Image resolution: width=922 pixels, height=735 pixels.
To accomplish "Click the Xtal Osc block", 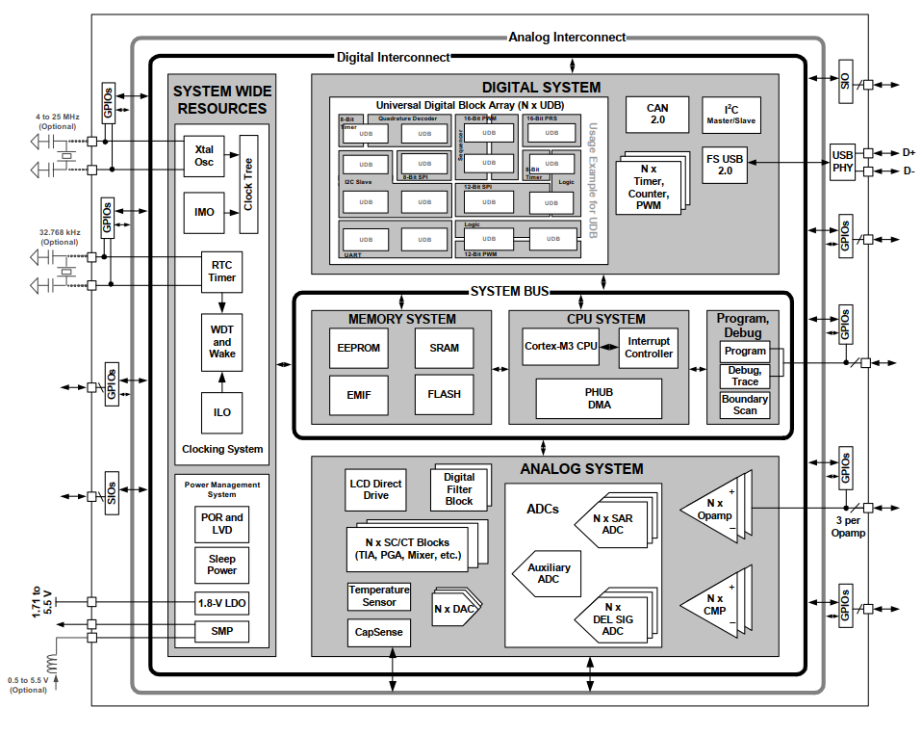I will click(x=203, y=155).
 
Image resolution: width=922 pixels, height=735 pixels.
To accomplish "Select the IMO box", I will click(x=203, y=212).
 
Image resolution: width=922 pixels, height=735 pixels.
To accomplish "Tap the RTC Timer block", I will click(x=222, y=272).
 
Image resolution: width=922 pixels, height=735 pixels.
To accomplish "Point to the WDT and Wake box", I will click(x=222, y=342).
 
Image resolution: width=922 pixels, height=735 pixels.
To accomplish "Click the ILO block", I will click(x=222, y=412).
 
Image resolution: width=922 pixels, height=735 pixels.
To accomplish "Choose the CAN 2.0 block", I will click(x=657, y=115).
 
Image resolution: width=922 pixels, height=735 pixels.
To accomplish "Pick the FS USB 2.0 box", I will click(x=724, y=164).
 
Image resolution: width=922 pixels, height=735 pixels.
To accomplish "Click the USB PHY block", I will click(x=843, y=161).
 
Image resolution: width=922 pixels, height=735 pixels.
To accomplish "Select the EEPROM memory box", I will click(x=358, y=348).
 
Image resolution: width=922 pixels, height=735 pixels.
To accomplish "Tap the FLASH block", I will click(x=444, y=394).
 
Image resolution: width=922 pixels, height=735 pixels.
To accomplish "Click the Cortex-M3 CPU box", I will click(x=561, y=346).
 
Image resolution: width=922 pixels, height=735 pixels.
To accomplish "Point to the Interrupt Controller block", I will click(x=649, y=348).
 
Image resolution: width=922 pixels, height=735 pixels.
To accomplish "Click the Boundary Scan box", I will click(x=745, y=405).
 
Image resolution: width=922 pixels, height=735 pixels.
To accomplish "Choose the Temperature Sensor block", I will click(x=379, y=595).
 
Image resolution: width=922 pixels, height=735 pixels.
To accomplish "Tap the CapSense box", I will click(x=379, y=633).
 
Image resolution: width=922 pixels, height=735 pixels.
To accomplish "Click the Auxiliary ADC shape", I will click(x=548, y=574).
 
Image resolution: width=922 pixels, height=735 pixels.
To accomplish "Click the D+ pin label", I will click(x=909, y=152).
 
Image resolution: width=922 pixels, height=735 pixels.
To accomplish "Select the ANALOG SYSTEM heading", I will click(x=581, y=469).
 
